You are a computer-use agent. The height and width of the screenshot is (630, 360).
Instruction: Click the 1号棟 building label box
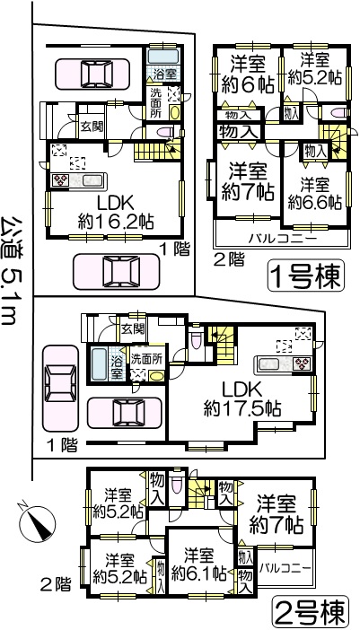click(x=306, y=276)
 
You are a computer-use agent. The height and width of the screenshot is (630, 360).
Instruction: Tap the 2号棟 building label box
click(x=310, y=611)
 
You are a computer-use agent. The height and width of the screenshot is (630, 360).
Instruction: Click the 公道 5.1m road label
click(x=11, y=270)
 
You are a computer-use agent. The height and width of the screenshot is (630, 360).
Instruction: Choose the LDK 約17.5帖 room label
click(x=242, y=399)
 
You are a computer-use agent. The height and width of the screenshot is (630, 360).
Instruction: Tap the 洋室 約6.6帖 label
click(x=315, y=193)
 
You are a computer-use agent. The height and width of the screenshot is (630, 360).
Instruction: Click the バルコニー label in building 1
click(x=282, y=239)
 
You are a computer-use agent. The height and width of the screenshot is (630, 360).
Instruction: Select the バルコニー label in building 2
click(x=285, y=569)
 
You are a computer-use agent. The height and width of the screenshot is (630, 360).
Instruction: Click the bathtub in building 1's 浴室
click(x=163, y=57)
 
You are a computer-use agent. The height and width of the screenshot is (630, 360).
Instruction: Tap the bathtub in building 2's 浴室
click(x=99, y=364)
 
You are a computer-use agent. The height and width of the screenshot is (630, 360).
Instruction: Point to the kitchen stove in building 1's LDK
click(x=61, y=180)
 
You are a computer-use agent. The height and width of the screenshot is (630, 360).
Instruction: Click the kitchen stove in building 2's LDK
click(x=303, y=363)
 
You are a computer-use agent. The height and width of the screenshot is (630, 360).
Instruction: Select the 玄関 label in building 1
click(x=92, y=127)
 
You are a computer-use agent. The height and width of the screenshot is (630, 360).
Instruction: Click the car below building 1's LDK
click(x=117, y=272)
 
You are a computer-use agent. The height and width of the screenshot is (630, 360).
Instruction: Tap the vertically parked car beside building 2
click(x=61, y=388)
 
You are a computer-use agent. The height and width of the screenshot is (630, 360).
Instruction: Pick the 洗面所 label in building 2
click(x=146, y=359)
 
